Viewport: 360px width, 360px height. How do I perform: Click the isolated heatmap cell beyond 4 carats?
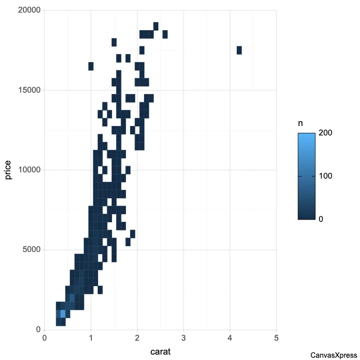pyautogui.click(x=239, y=50)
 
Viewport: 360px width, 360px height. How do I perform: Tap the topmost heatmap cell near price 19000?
pyautogui.click(x=156, y=26)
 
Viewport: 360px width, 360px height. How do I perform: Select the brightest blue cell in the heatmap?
pyautogui.click(x=63, y=314)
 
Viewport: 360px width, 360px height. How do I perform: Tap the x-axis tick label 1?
pyautogui.click(x=91, y=338)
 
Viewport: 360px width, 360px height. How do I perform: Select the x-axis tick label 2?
pyautogui.click(x=137, y=338)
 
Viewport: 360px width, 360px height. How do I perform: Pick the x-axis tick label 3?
pyautogui.click(x=184, y=338)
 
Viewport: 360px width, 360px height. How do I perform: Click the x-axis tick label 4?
pyautogui.click(x=230, y=338)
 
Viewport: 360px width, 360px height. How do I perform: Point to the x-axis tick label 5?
pyautogui.click(x=276, y=338)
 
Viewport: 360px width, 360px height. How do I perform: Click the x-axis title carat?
pyautogui.click(x=160, y=351)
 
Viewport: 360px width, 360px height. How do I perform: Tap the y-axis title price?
pyautogui.click(x=9, y=170)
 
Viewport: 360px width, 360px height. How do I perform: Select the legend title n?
pyautogui.click(x=300, y=124)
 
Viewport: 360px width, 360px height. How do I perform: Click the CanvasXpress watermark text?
pyautogui.click(x=334, y=355)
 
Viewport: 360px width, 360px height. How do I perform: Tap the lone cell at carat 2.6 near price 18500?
pyautogui.click(x=165, y=34)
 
